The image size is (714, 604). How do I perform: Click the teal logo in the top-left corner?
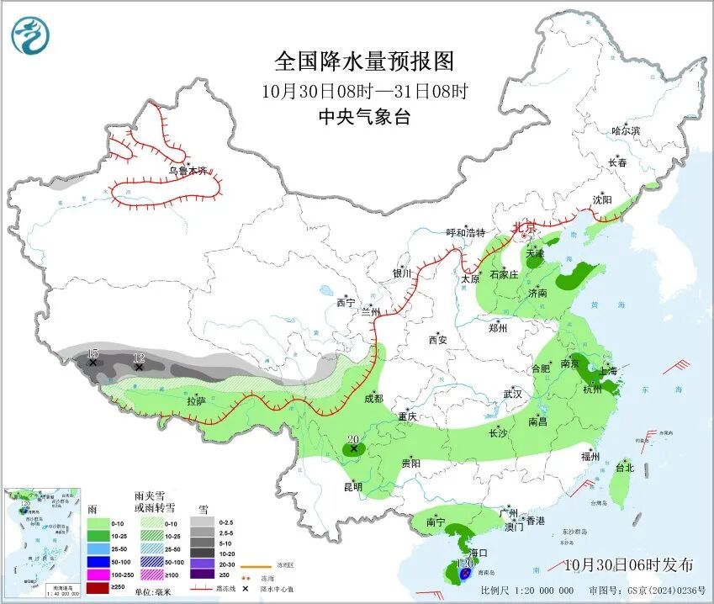pyautogui.click(x=30, y=35)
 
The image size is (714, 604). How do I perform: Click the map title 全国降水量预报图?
pyautogui.click(x=364, y=61)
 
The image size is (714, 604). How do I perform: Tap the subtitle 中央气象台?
pyautogui.click(x=364, y=117)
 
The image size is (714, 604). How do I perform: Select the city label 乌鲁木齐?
pyautogui.click(x=187, y=171)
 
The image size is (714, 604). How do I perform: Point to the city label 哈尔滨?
pyautogui.click(x=626, y=131)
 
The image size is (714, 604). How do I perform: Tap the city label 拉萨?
pyautogui.click(x=196, y=401)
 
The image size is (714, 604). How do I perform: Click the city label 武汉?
pyautogui.click(x=513, y=394)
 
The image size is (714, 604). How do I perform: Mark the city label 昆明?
pyautogui.click(x=352, y=486)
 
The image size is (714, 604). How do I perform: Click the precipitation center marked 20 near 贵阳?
pyautogui.click(x=354, y=448)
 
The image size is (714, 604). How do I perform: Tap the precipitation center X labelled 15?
pyautogui.click(x=93, y=362)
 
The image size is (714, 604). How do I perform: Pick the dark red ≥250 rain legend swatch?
pyautogui.click(x=99, y=586)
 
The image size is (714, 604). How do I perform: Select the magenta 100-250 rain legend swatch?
pyautogui.click(x=99, y=571)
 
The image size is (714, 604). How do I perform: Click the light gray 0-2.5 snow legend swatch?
pyautogui.click(x=202, y=522)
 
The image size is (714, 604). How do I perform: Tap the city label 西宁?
pyautogui.click(x=346, y=302)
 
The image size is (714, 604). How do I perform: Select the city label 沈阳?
pyautogui.click(x=602, y=200)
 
